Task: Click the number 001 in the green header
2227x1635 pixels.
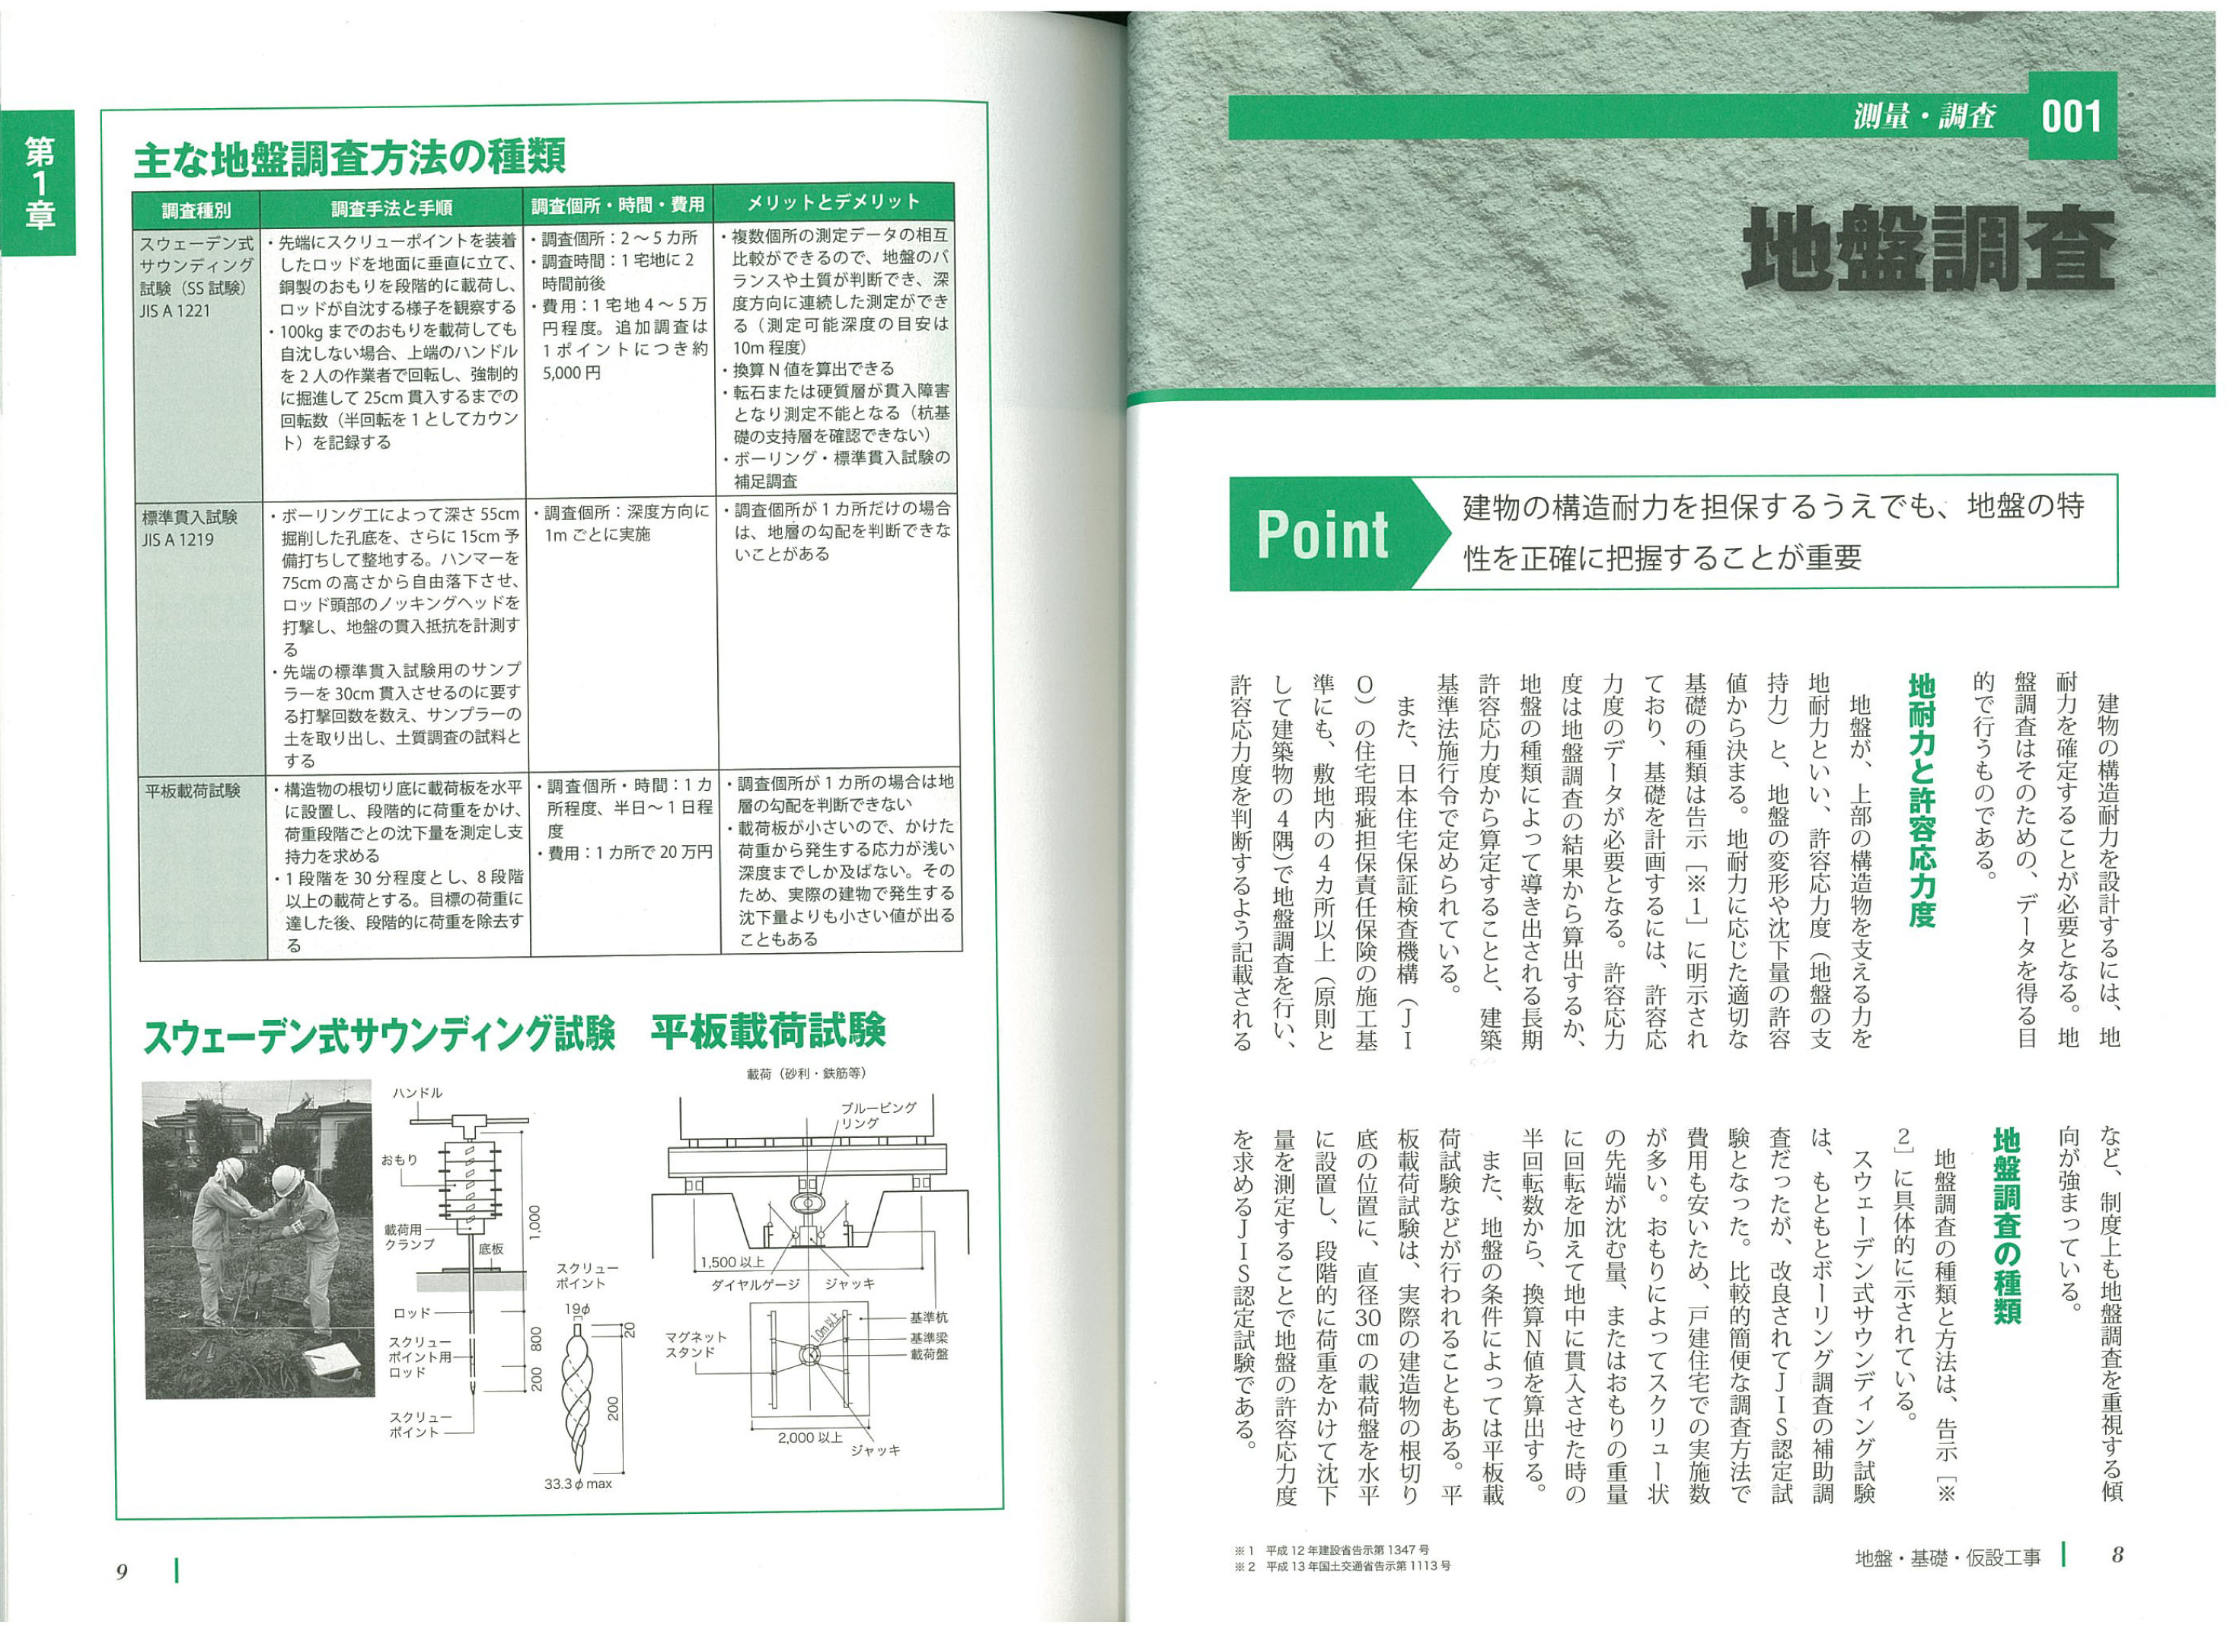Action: [2071, 116]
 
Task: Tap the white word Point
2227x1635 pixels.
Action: [1322, 535]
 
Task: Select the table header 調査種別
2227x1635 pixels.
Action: [196, 209]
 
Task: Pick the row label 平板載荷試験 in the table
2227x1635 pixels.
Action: [193, 791]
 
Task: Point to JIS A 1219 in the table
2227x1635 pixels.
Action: [178, 540]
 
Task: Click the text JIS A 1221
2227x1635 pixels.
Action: [174, 311]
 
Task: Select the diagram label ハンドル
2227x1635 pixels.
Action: [418, 1092]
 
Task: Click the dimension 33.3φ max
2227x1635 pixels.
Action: [578, 1484]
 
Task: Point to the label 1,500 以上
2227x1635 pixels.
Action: [732, 1262]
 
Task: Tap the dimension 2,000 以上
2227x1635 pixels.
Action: [809, 1437]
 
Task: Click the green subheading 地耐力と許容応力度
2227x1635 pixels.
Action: [1920, 802]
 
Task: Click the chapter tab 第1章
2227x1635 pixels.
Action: [40, 183]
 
